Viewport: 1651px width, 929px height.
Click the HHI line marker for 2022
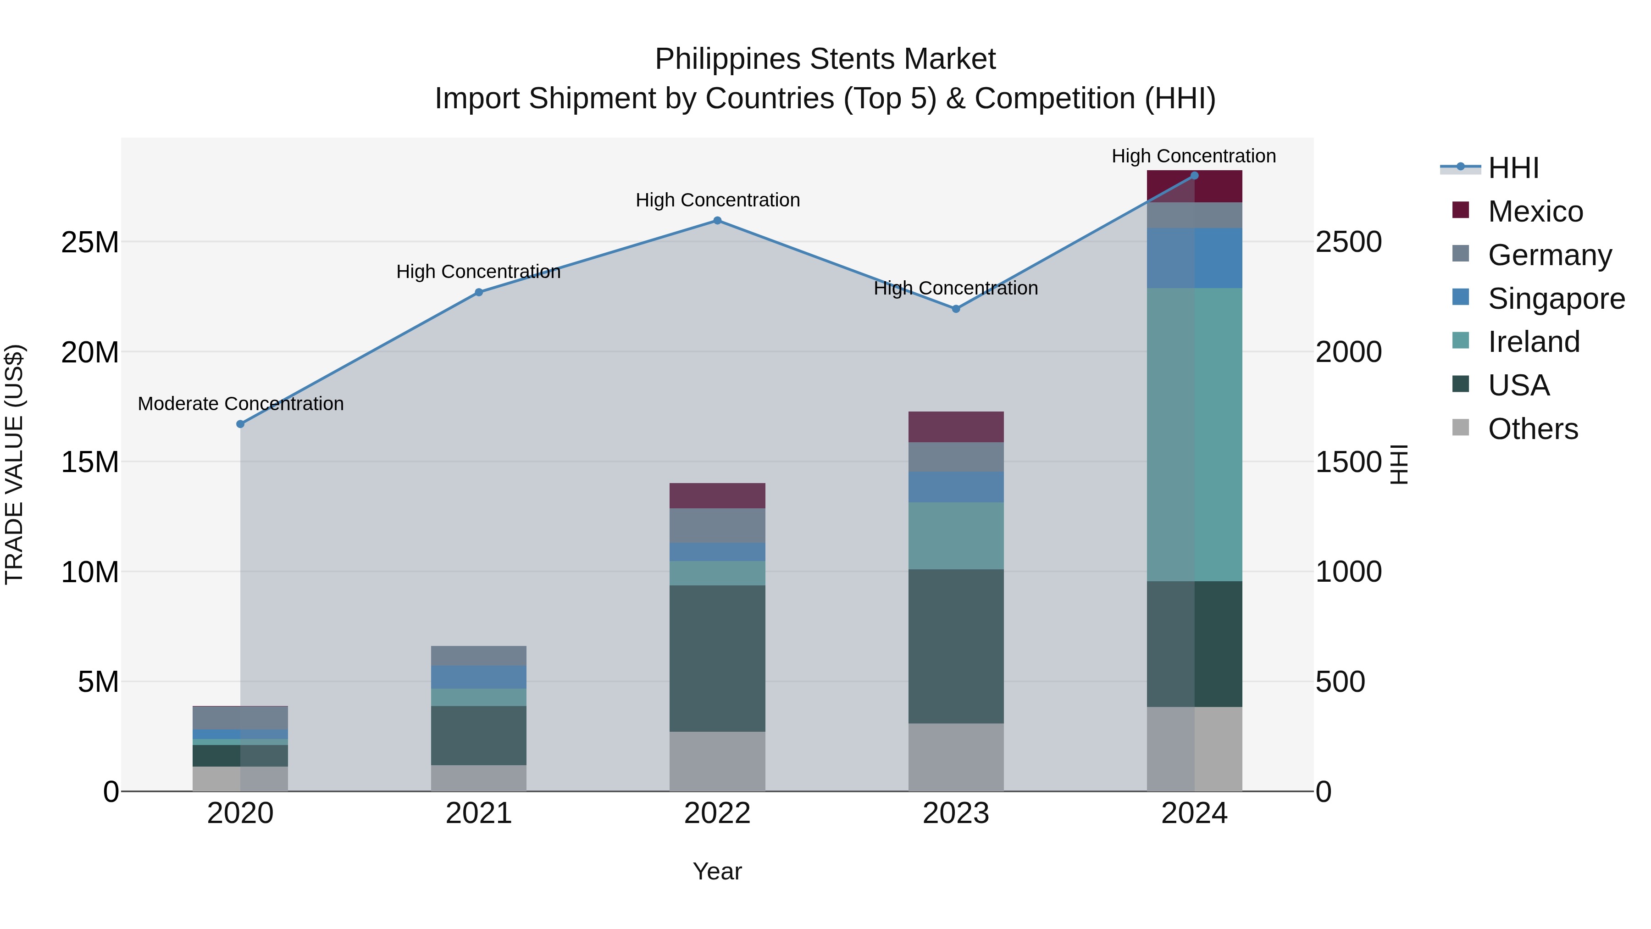pos(717,221)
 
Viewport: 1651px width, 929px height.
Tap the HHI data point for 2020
pos(240,424)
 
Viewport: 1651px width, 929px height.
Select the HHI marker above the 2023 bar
pos(956,309)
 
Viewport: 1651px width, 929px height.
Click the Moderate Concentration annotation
pos(240,404)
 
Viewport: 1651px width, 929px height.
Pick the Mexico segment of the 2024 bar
pos(1194,187)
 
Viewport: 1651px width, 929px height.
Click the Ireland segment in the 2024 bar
pos(1194,435)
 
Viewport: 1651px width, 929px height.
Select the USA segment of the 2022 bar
pos(717,658)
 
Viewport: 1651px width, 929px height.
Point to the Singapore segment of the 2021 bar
pos(479,677)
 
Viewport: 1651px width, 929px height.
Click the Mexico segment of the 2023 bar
pos(956,427)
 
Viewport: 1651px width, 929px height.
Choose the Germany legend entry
pos(1549,255)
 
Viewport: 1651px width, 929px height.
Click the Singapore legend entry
pos(1556,299)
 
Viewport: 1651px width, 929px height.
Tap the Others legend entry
pos(1532,429)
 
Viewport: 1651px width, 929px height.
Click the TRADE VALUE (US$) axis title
pos(14,464)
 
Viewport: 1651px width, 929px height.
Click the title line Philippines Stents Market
pos(825,60)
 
